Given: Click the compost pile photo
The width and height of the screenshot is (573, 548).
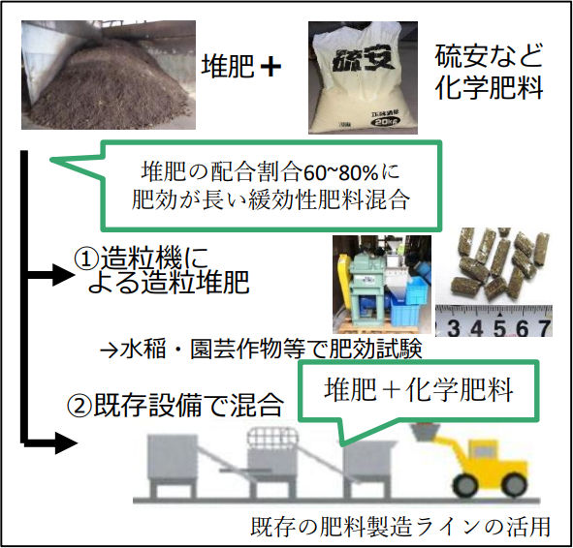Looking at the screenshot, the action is click(109, 75).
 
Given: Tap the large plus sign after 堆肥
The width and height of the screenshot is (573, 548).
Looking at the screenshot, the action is click(271, 67).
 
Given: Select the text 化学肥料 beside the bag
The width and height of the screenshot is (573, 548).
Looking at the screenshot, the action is click(489, 88).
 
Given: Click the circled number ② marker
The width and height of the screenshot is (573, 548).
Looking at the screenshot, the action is click(79, 406).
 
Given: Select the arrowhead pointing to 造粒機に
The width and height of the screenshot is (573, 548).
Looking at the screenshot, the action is click(63, 275).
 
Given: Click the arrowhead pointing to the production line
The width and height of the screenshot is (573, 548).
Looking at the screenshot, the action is click(66, 443).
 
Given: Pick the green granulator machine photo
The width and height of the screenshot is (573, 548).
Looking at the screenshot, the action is click(382, 284).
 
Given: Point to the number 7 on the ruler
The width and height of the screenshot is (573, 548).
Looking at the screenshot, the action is click(544, 327).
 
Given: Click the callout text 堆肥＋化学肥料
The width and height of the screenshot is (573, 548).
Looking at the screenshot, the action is click(419, 390).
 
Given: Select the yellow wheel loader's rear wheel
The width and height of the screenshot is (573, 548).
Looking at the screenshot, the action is click(464, 484).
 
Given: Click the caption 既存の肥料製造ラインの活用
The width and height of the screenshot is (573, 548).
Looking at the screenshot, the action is click(400, 527).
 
